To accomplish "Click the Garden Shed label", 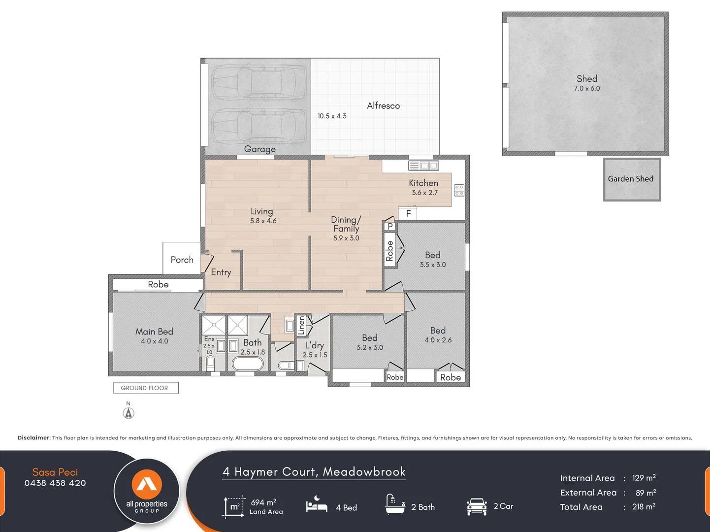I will click(x=631, y=179).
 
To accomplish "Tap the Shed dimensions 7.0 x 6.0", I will click(x=587, y=89).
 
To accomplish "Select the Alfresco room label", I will click(x=383, y=106).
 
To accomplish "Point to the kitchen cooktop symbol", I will click(x=459, y=190).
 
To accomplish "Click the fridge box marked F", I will click(x=408, y=214).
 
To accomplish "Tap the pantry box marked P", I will click(x=390, y=226).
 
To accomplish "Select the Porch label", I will click(x=182, y=260).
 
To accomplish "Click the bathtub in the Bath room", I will click(x=247, y=364).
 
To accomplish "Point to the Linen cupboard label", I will click(x=301, y=326).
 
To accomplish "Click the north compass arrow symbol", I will click(x=129, y=413).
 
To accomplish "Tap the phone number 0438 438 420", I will click(x=55, y=483).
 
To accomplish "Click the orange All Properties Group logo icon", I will click(x=147, y=484).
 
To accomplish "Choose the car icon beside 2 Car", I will click(x=477, y=506).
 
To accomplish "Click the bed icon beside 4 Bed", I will click(x=317, y=506).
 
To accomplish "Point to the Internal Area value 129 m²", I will click(x=644, y=478).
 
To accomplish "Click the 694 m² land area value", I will click(x=263, y=502).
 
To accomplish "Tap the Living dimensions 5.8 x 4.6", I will click(x=263, y=221).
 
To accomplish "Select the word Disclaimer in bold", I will click(x=34, y=438).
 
